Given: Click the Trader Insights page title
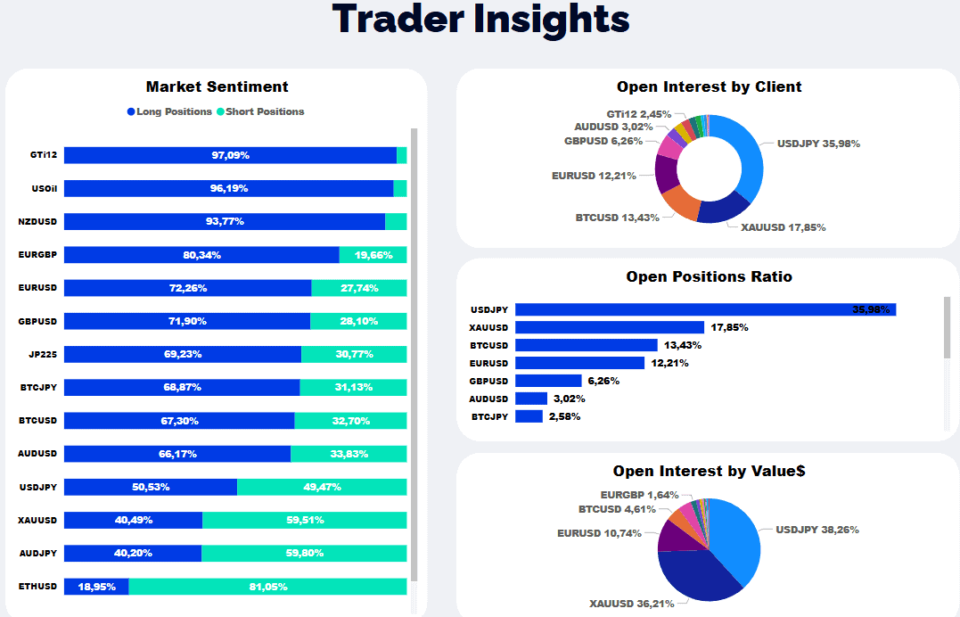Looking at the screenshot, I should (480, 20).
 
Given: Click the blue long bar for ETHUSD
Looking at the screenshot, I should (96, 587).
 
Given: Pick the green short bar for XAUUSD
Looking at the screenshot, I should (304, 520).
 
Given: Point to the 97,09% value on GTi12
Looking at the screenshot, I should (230, 155).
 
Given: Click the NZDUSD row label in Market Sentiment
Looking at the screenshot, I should (37, 222).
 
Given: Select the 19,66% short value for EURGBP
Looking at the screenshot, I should (373, 255).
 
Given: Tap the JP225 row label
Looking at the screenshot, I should (43, 354).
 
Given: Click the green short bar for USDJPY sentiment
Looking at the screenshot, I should (322, 487).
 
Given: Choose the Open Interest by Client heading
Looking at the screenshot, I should (709, 86).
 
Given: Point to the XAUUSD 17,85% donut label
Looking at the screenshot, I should (784, 227).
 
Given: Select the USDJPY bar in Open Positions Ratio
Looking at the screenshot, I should (705, 309).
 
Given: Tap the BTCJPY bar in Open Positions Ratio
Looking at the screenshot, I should (529, 416).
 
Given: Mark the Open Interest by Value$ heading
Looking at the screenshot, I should (709, 471).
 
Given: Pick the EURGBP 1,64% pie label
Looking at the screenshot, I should (634, 495).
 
